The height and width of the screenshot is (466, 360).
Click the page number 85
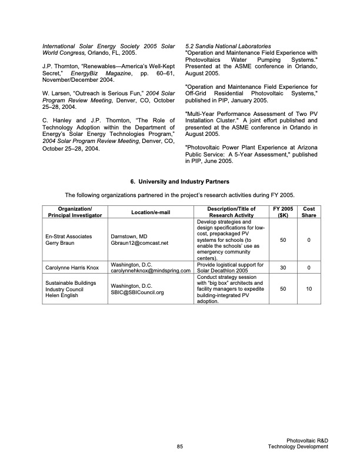180,447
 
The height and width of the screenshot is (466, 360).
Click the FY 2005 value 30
282,268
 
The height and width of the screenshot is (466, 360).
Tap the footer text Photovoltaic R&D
308,440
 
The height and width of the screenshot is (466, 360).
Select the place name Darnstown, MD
131,236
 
